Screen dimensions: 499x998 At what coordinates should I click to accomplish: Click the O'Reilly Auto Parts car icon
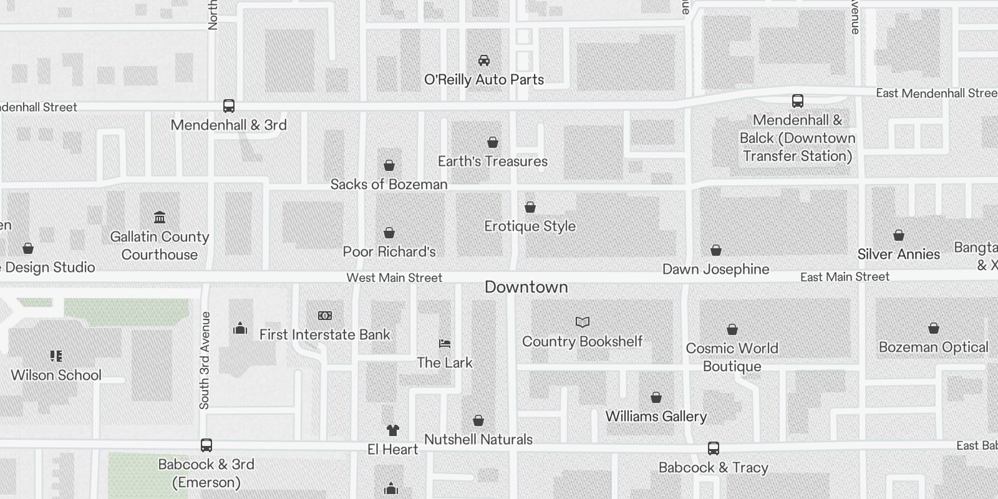click(483, 61)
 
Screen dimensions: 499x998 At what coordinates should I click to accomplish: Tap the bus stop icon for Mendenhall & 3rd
click(229, 106)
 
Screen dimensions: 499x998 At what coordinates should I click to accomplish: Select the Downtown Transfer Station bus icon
click(797, 101)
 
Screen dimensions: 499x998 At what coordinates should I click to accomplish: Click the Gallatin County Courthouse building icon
click(160, 218)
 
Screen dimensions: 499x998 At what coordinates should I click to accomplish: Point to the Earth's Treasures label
click(492, 162)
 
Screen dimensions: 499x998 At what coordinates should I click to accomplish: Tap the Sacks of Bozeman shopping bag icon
click(389, 165)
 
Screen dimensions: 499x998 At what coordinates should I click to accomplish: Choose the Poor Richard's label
click(389, 252)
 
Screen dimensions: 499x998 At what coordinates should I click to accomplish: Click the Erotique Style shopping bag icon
click(530, 207)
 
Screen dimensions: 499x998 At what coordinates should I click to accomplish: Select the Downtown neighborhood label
click(526, 287)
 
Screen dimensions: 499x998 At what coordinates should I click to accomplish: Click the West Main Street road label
click(394, 278)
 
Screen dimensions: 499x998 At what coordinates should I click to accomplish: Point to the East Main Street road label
click(845, 277)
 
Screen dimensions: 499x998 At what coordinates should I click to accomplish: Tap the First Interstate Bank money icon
click(325, 316)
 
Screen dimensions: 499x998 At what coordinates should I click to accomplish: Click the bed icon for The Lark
click(445, 344)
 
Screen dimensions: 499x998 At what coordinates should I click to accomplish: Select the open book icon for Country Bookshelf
click(582, 322)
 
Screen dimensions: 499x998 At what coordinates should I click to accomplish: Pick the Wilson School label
click(56, 375)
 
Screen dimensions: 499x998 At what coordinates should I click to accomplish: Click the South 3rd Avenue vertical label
click(205, 361)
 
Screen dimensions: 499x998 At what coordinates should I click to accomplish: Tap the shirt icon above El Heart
click(392, 430)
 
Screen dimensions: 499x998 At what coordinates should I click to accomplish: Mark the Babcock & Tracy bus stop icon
click(714, 448)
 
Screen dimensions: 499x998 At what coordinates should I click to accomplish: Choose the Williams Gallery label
click(656, 417)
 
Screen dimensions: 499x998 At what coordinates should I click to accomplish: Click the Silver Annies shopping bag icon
click(898, 235)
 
